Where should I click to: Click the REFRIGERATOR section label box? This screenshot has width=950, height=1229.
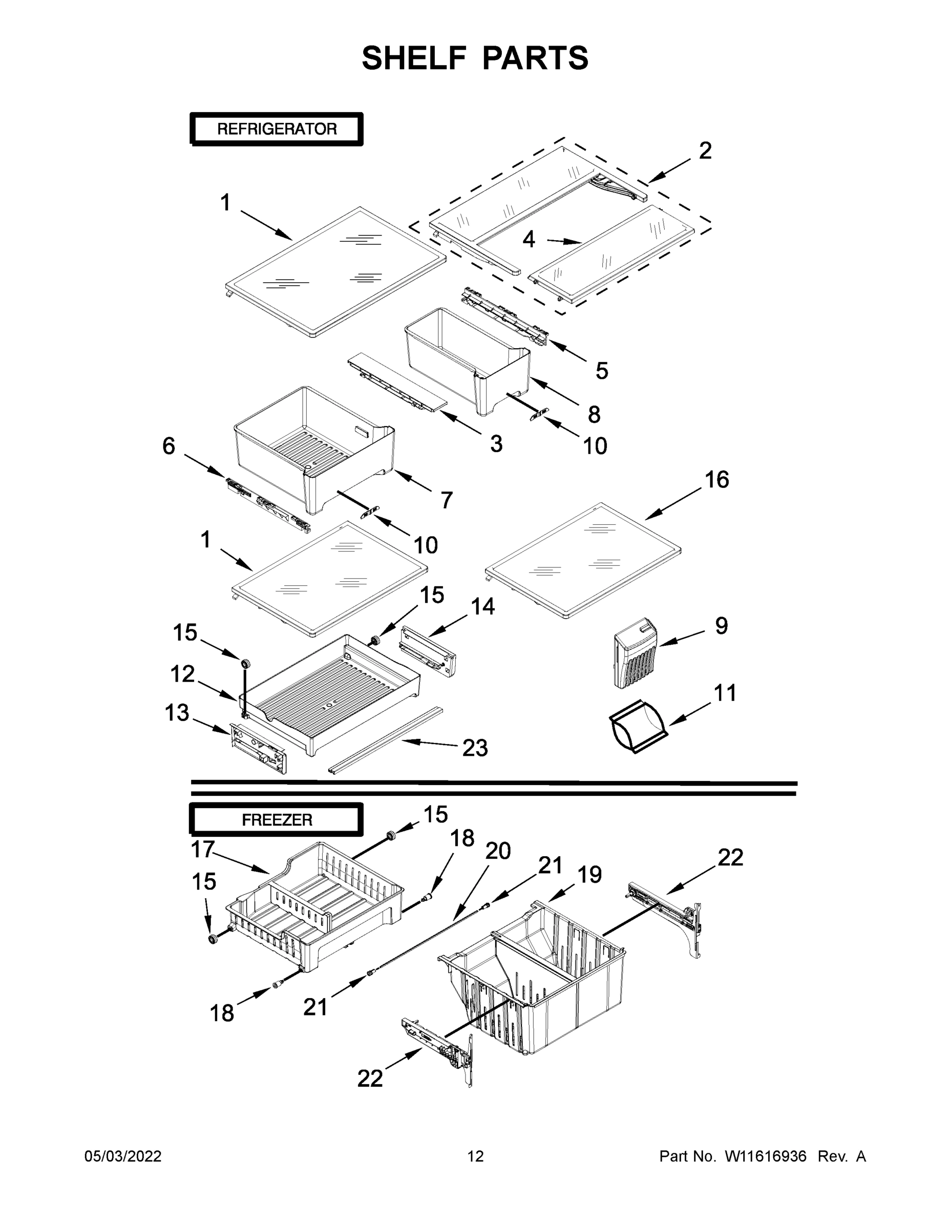click(277, 129)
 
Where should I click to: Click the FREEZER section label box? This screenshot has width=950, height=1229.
click(277, 820)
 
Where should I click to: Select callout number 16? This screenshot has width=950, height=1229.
click(716, 479)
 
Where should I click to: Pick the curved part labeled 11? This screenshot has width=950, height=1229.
click(638, 727)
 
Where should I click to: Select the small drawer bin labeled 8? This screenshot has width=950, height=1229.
click(467, 360)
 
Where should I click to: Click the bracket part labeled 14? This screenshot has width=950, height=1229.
click(428, 653)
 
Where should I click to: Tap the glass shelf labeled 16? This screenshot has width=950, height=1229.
click(582, 560)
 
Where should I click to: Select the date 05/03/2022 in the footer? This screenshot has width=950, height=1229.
click(123, 1156)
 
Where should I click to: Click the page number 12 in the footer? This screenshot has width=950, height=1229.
click(475, 1156)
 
